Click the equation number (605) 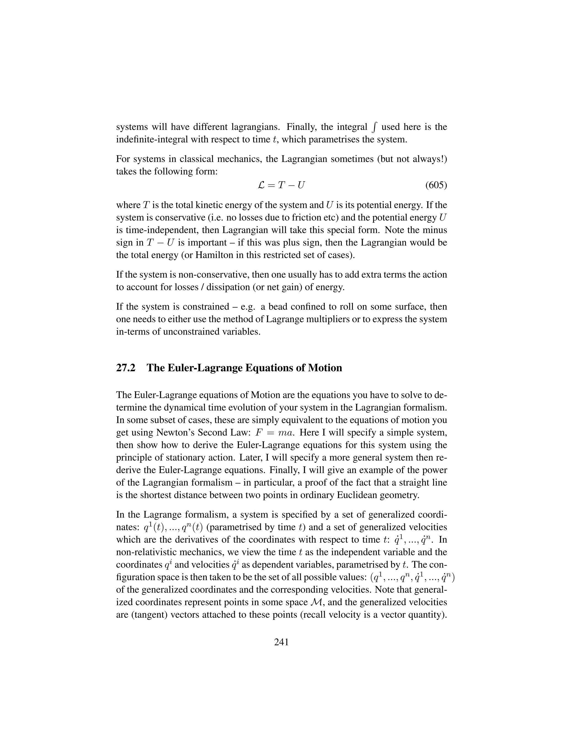pyautogui.click(x=436, y=185)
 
